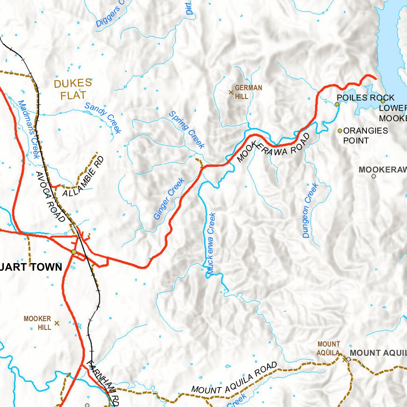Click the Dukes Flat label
click(73, 89)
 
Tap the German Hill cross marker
click(231, 92)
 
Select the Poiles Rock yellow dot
click(337, 104)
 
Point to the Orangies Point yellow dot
click(340, 130)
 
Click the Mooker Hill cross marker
click(56, 323)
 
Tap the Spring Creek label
click(187, 130)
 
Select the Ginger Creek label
click(169, 199)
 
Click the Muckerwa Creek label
click(211, 244)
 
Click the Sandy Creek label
click(103, 118)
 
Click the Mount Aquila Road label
click(234, 378)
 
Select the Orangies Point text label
click(365, 136)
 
